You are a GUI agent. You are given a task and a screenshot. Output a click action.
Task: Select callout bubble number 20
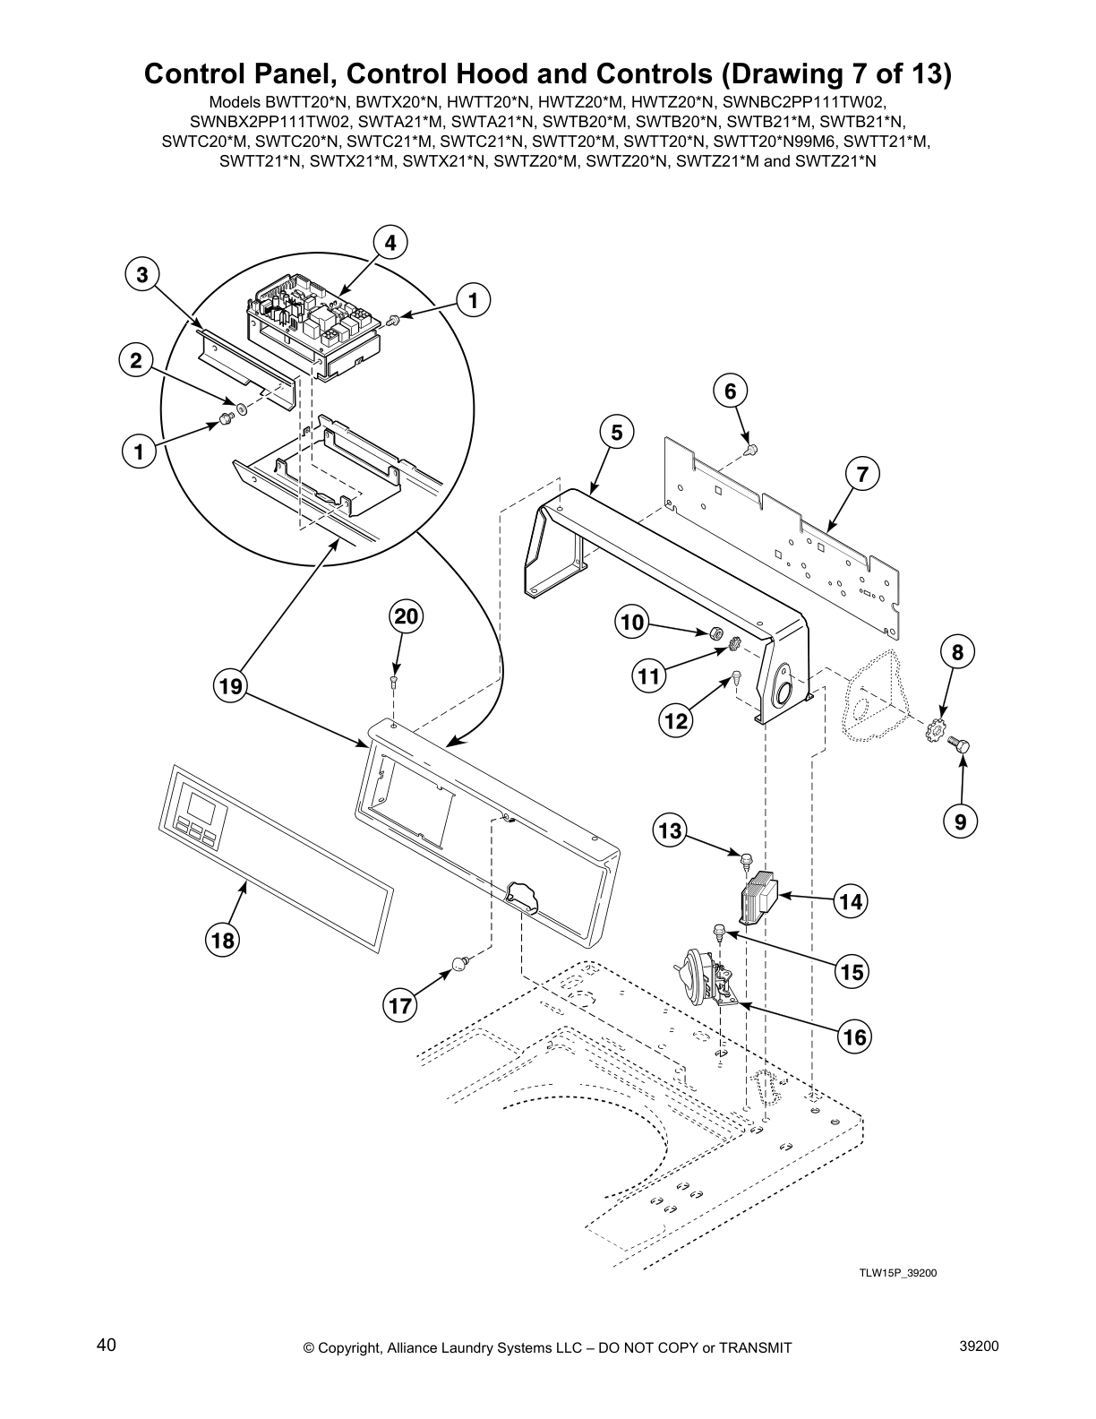[x=407, y=616]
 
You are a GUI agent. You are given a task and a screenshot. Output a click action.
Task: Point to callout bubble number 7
[x=862, y=475]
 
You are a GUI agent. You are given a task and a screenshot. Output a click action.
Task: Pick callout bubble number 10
[x=633, y=623]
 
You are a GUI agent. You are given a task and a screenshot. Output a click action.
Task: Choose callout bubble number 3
[x=141, y=275]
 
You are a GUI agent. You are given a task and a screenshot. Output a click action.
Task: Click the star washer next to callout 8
[x=934, y=726]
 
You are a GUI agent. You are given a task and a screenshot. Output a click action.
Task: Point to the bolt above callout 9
[x=963, y=744]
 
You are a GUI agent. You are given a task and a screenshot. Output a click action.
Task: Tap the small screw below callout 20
[x=395, y=683]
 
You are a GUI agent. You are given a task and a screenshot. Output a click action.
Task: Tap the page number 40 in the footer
[x=106, y=1346]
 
